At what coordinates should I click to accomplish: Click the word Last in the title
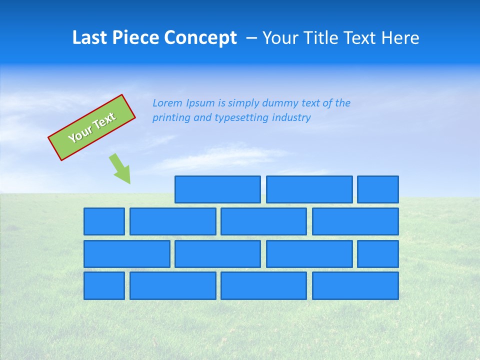coord(89,38)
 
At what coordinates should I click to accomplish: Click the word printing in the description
coord(169,118)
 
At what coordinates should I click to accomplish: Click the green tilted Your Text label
coord(92,127)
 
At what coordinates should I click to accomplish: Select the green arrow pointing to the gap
coord(120,168)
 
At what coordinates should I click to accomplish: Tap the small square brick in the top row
coord(378,189)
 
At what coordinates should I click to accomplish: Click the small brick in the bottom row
coord(104,286)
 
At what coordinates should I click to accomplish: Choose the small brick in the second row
coord(104,221)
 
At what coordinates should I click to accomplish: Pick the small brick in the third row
coord(378,254)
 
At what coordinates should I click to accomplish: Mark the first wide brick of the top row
coord(217,189)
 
